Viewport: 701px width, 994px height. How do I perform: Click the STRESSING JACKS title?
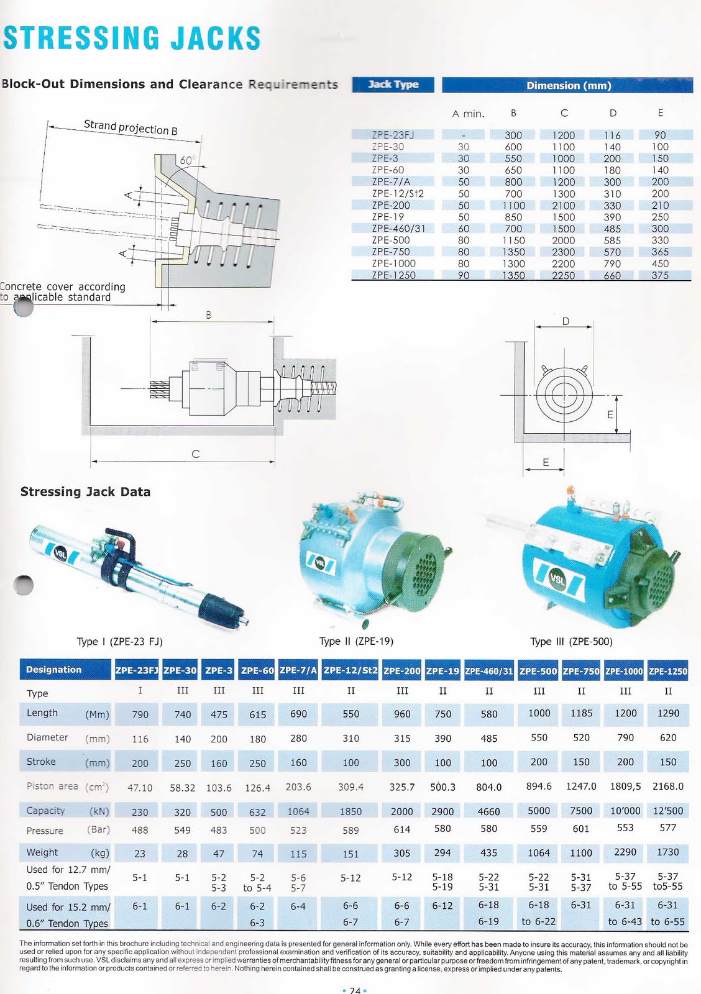click(132, 38)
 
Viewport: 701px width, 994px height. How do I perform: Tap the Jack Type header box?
click(393, 84)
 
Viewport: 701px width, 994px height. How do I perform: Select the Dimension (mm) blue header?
click(568, 85)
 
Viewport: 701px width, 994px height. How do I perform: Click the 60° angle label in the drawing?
click(187, 161)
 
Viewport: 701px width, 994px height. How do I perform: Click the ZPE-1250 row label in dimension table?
click(393, 275)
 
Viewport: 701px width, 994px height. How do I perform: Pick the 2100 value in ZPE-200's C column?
click(563, 205)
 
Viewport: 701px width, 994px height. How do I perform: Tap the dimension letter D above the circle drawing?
click(566, 321)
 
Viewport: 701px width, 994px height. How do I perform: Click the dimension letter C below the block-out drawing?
click(195, 454)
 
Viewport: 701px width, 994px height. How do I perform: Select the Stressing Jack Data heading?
click(85, 491)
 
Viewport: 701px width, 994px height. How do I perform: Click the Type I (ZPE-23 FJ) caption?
click(119, 641)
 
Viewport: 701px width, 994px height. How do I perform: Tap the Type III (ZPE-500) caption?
click(570, 641)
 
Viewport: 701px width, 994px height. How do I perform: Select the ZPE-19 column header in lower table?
click(442, 670)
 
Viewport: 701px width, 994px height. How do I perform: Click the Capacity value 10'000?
click(625, 811)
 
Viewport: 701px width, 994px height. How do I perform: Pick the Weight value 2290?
click(625, 852)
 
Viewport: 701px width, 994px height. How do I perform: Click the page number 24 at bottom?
click(355, 990)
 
